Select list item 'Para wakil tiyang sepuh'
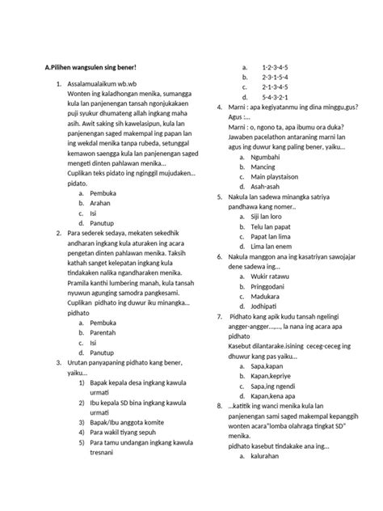pos(125,433)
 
